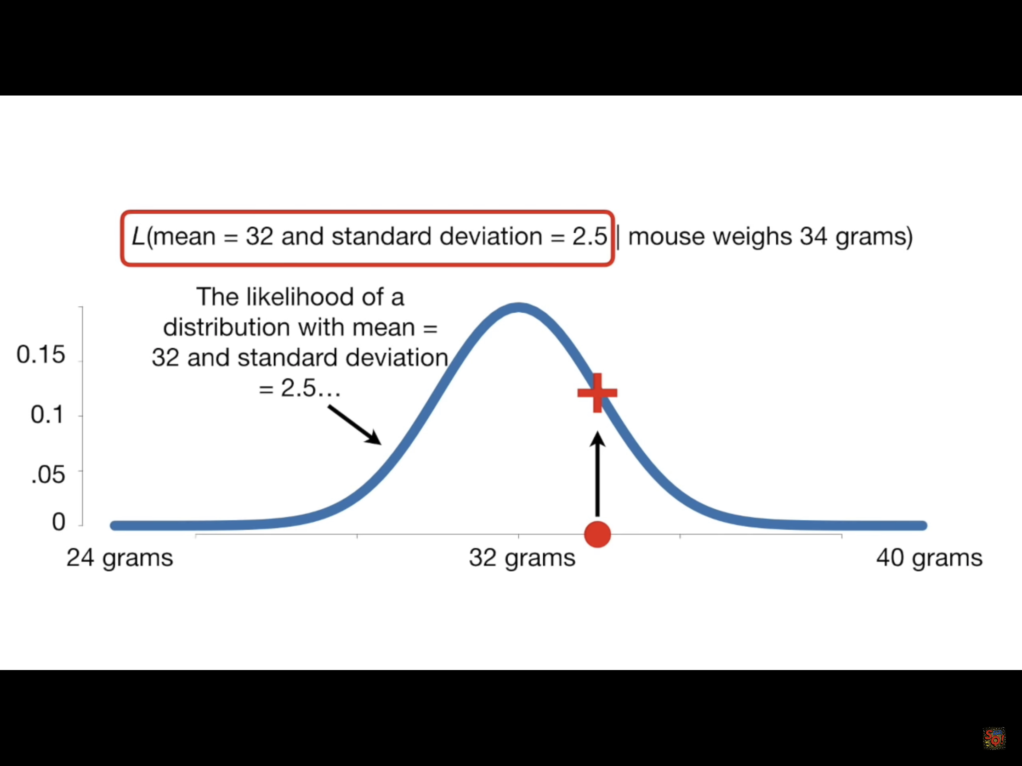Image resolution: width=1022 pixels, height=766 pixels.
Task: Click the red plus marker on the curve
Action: [597, 393]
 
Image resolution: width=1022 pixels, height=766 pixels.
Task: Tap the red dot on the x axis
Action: [597, 534]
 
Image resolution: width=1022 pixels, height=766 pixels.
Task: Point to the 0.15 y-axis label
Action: [40, 355]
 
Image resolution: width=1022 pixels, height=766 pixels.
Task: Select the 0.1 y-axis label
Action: [47, 414]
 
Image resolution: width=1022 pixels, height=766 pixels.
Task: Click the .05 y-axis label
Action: [48, 475]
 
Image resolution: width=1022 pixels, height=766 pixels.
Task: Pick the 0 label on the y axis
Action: [59, 522]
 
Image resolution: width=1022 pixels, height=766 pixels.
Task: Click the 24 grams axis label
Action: [119, 558]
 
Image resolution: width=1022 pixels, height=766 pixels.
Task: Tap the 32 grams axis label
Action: [522, 558]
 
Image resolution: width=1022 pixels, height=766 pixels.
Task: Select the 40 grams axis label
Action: [929, 558]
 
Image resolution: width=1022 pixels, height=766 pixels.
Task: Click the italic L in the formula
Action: [138, 236]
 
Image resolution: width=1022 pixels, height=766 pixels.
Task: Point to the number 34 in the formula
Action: [814, 236]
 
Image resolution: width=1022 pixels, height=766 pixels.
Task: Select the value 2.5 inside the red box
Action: [590, 236]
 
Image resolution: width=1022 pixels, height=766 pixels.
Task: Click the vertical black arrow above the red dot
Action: [597, 474]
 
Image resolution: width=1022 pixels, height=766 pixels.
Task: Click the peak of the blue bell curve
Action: [518, 308]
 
